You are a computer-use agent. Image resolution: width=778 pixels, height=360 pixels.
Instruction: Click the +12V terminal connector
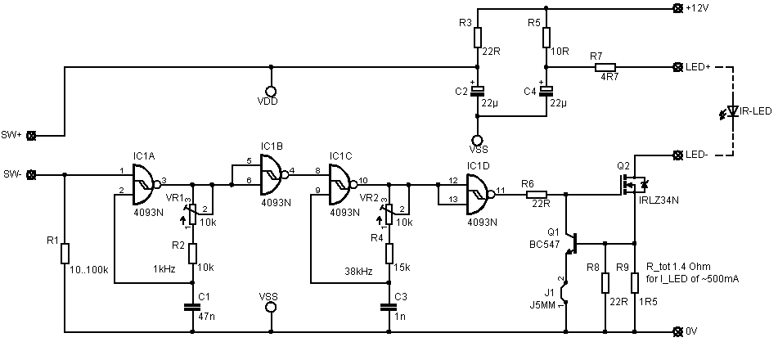point(677,8)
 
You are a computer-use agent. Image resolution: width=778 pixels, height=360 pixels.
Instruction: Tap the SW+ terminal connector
point(32,135)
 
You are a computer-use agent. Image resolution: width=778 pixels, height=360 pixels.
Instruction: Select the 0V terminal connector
point(677,331)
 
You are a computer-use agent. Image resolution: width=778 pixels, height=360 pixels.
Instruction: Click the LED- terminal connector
point(677,155)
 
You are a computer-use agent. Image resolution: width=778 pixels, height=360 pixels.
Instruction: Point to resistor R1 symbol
point(65,254)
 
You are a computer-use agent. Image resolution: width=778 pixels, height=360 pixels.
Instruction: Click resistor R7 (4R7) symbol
point(605,67)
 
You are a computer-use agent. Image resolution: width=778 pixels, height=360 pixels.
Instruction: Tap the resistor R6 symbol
point(536,195)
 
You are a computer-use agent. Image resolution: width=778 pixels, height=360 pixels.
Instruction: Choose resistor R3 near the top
point(477,37)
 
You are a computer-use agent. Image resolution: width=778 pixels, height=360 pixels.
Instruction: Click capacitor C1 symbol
point(192,307)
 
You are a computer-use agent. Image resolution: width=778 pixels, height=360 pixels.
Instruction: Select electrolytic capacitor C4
point(546,90)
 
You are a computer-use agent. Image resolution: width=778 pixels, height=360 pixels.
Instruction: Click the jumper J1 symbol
point(565,292)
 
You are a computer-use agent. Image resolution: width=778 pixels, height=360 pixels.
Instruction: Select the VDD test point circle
point(271,92)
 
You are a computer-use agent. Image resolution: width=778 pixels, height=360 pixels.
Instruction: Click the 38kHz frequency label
point(359,271)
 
